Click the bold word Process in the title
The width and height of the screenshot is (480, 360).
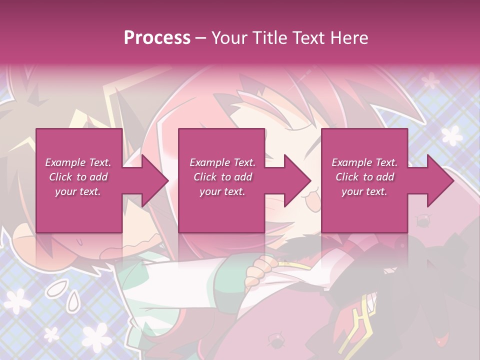(x=157, y=38)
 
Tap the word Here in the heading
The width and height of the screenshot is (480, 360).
(x=349, y=38)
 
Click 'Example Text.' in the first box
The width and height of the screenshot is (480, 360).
(x=78, y=162)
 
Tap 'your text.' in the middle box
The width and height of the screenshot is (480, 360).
(x=222, y=191)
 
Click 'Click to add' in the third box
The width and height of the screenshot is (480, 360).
(x=364, y=177)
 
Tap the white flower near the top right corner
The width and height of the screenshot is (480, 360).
(x=431, y=80)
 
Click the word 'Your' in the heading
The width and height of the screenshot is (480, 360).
(x=230, y=38)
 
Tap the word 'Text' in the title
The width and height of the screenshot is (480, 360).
(x=309, y=38)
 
